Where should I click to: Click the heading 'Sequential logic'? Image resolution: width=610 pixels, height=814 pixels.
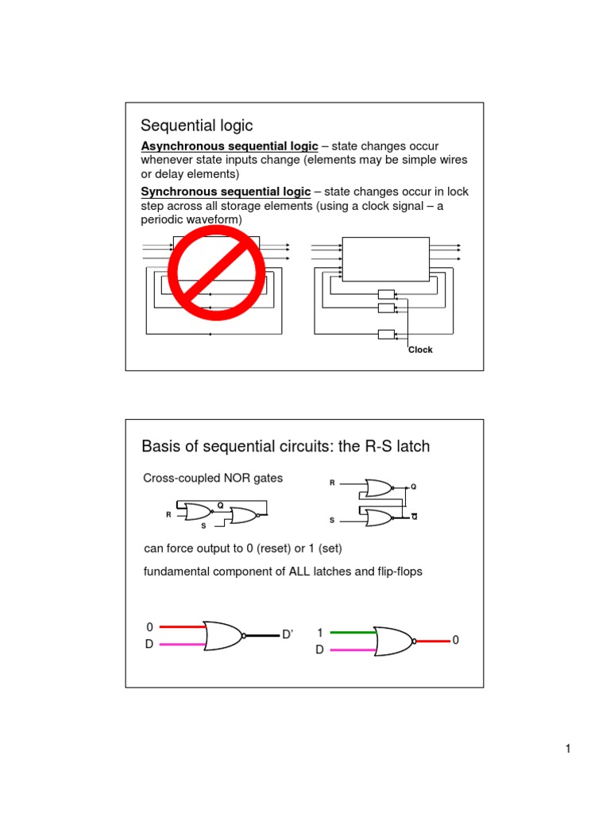[x=196, y=126]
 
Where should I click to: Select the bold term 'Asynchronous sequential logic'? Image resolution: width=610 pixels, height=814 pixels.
[x=230, y=146]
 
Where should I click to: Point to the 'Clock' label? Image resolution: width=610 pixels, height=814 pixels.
[x=420, y=350]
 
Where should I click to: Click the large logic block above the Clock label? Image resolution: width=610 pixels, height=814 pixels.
[x=384, y=258]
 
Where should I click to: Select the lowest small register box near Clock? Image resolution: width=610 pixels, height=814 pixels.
[x=387, y=334]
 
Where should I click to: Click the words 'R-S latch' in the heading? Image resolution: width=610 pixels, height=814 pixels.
[x=397, y=446]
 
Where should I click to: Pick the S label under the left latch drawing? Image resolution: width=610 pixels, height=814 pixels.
[x=203, y=525]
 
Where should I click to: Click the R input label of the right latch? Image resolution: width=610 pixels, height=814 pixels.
[x=332, y=483]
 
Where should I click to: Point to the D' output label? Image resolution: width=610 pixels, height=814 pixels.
[x=288, y=634]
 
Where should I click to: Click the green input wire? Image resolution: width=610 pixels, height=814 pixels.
[x=351, y=633]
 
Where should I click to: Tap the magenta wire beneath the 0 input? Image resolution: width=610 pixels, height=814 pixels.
[x=183, y=644]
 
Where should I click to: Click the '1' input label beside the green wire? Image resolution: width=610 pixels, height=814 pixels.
[x=320, y=633]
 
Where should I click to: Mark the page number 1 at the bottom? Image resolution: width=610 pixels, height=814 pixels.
[x=568, y=749]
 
